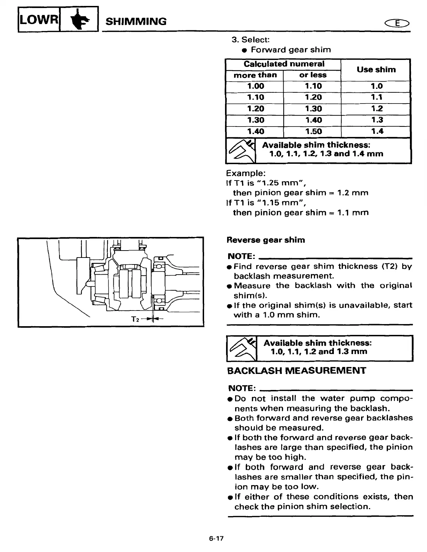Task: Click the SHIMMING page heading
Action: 136,22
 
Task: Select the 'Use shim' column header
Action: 376,70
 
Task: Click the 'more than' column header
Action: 255,75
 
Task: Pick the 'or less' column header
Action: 313,75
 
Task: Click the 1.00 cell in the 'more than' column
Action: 255,86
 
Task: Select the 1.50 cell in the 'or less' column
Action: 313,131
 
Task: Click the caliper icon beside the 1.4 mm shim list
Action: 241,151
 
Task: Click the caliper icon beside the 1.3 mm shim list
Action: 242,348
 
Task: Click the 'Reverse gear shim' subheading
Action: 265,240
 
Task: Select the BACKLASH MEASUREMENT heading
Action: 296,370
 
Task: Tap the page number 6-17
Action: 216,538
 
